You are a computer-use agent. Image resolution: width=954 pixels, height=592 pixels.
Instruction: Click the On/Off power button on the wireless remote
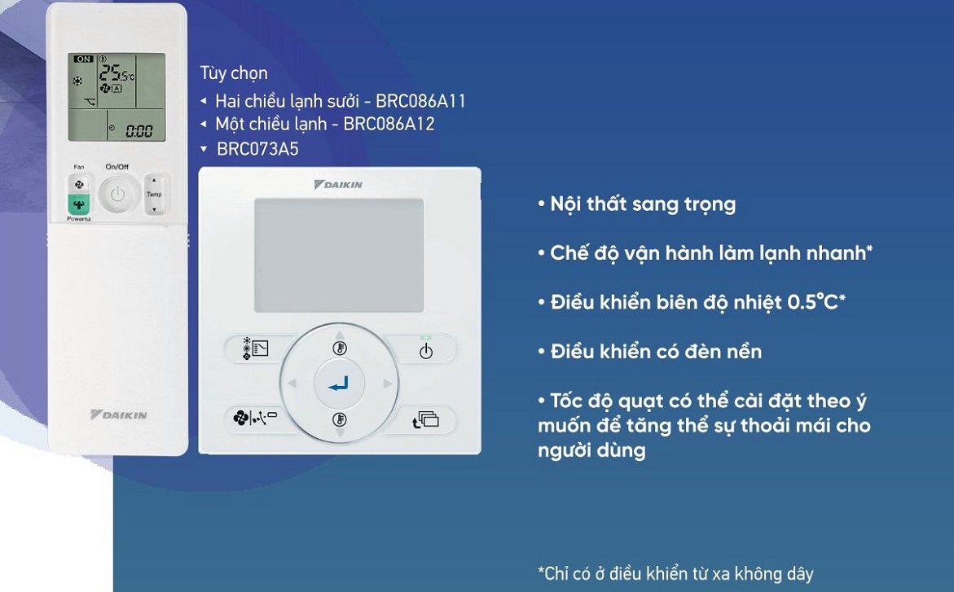click(117, 194)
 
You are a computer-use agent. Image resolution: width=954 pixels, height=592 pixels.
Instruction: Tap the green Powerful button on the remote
click(78, 205)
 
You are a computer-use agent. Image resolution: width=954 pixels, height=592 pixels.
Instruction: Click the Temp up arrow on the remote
click(154, 181)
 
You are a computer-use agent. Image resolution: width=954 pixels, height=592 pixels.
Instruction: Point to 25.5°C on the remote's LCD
click(117, 73)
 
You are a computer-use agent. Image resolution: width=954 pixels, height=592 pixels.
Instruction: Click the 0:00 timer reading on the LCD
click(138, 131)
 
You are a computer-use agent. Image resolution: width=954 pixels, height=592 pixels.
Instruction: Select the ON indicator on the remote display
click(83, 59)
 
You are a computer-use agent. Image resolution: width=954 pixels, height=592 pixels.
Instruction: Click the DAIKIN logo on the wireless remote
click(119, 415)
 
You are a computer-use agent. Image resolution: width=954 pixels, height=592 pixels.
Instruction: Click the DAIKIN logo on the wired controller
click(338, 184)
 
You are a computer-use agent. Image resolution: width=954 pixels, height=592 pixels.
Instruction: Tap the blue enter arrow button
click(339, 384)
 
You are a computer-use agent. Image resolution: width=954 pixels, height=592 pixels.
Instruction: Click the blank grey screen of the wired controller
click(339, 256)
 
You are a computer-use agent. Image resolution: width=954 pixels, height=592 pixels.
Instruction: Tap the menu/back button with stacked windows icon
click(425, 419)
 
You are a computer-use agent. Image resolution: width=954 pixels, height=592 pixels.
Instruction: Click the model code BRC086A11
click(420, 101)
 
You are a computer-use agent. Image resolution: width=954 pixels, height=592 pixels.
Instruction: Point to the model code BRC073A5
click(258, 149)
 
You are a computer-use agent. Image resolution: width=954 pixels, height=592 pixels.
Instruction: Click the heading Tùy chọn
click(234, 73)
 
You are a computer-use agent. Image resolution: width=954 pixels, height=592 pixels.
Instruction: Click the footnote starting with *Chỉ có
click(675, 573)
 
